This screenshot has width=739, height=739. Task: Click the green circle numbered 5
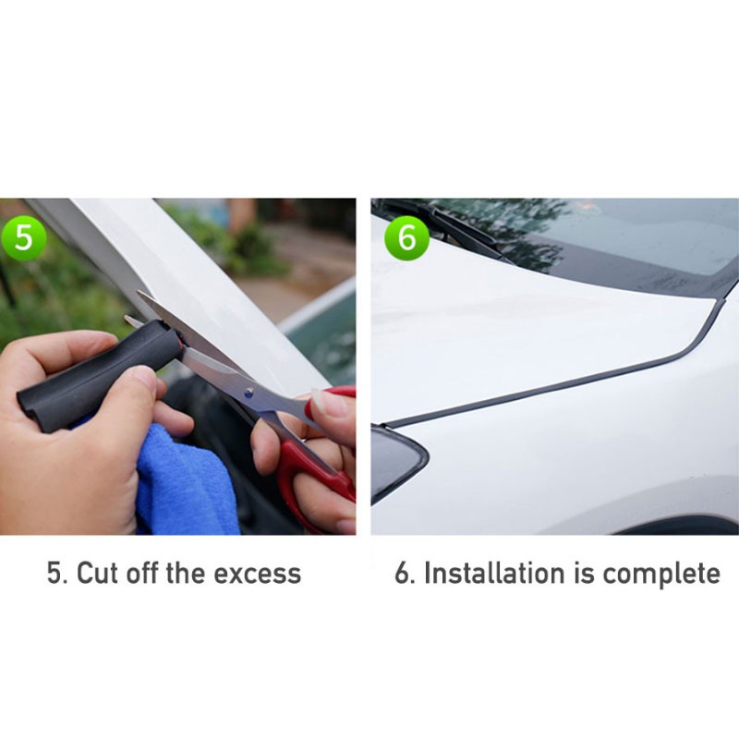(23, 237)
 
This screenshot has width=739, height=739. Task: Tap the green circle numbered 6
(407, 237)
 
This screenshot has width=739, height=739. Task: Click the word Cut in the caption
(97, 573)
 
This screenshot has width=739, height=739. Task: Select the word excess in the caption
(258, 574)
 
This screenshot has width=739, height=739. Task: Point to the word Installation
(494, 573)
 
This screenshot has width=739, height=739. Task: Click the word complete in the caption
(661, 574)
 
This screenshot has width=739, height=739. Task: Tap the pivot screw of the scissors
(248, 391)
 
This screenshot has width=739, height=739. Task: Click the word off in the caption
(144, 573)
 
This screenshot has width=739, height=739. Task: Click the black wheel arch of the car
(679, 527)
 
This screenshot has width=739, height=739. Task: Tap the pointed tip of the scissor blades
(138, 292)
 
